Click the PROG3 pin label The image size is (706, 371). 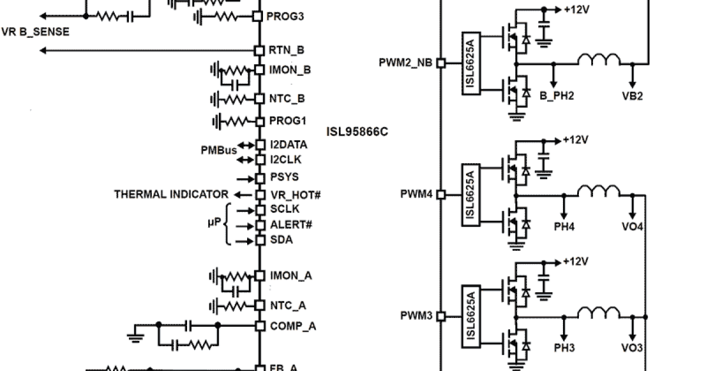click(286, 16)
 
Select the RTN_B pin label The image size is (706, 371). click(286, 51)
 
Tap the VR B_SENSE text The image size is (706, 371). click(35, 32)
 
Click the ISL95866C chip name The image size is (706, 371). click(357, 131)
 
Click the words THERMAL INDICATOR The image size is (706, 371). click(171, 194)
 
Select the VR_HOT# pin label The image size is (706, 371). click(295, 194)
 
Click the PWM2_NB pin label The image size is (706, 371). click(407, 62)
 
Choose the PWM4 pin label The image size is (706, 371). click(417, 194)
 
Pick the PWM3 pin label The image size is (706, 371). click(417, 316)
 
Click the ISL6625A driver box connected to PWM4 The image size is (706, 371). click(471, 194)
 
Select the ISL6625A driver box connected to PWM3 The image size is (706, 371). click(471, 316)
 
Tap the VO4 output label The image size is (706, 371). click(632, 226)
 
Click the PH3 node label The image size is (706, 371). click(564, 348)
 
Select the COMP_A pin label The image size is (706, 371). click(292, 326)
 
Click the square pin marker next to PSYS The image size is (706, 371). click(259, 178)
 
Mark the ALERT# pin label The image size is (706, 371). click(291, 225)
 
